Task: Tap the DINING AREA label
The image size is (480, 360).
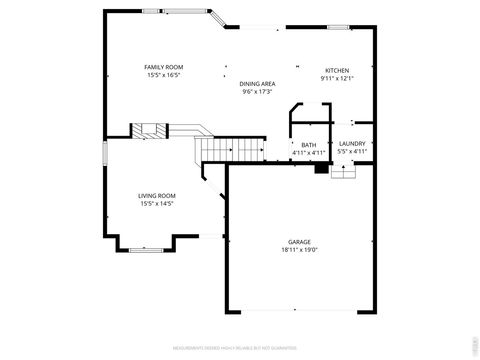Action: [258, 84]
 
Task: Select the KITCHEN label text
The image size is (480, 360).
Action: [336, 70]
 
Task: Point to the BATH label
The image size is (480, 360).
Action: [309, 145]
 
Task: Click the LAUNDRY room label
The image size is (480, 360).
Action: [351, 143]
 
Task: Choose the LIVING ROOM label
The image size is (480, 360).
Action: [157, 196]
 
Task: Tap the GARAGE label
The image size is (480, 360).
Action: [299, 241]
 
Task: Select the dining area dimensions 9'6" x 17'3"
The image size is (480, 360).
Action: [258, 92]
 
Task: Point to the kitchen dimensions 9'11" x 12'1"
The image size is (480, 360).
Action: [336, 78]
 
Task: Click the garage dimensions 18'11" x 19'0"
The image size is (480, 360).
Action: [299, 249]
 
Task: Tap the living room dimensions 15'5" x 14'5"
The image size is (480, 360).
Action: [157, 204]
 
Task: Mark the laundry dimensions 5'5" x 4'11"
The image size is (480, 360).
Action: [351, 151]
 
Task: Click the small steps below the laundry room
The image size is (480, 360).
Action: [344, 172]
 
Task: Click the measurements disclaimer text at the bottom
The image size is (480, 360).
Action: [240, 348]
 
